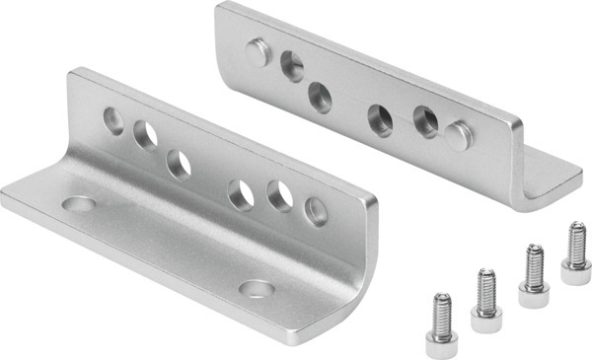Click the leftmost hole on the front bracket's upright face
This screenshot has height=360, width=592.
[x=114, y=122]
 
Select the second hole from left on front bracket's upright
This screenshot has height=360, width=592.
[x=145, y=133]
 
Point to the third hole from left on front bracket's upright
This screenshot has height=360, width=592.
[x=178, y=163]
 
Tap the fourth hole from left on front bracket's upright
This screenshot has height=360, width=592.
[x=240, y=194]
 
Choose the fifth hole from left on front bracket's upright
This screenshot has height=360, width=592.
[x=280, y=196]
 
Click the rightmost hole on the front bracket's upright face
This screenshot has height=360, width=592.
[x=315, y=210]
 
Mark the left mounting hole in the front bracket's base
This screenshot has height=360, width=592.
[x=78, y=204]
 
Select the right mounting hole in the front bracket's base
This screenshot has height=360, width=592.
[x=258, y=289]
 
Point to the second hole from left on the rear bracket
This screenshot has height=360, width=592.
[x=320, y=96]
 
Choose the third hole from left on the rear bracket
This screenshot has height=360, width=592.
[x=381, y=119]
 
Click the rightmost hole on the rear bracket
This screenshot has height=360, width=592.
[x=426, y=121]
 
